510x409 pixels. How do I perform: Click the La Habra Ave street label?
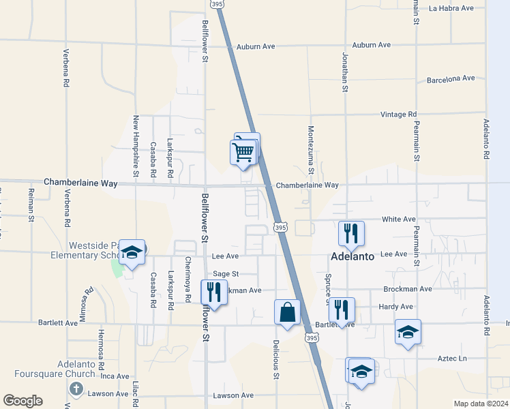[451, 8]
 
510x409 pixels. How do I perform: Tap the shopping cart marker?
[244, 152]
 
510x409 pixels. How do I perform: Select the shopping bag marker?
[287, 312]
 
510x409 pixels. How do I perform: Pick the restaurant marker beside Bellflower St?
[214, 292]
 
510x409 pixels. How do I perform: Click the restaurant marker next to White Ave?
[351, 234]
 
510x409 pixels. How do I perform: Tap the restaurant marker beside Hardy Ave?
[342, 309]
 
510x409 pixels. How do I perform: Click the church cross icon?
[76, 389]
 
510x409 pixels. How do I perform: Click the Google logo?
[23, 400]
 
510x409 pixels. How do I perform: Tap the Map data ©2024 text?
[481, 404]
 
